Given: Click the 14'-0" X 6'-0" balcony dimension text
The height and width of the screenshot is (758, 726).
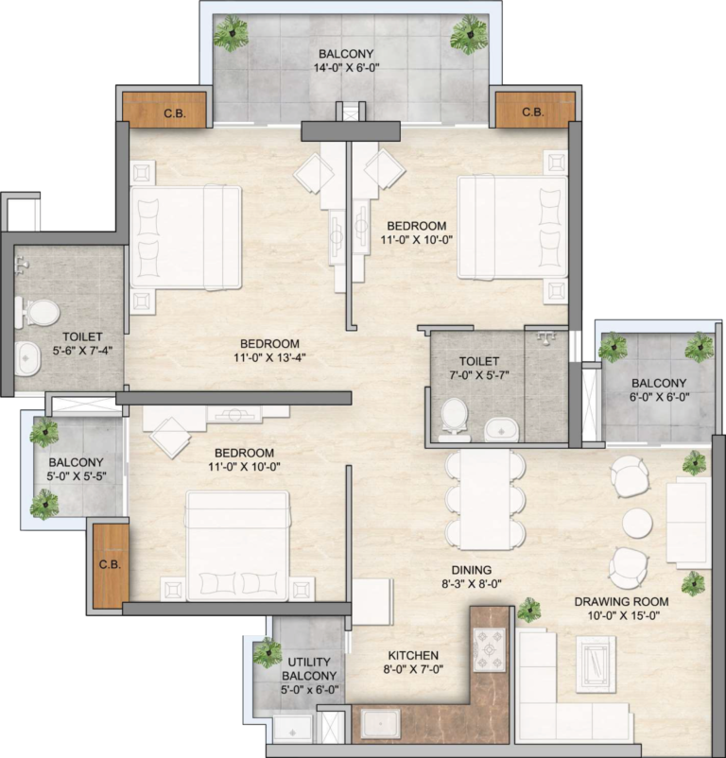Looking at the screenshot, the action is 346,68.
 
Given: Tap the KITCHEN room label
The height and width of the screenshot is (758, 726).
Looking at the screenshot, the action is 413,656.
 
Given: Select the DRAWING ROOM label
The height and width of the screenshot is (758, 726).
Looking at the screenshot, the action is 621,602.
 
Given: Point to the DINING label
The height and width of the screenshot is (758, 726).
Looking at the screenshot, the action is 472,570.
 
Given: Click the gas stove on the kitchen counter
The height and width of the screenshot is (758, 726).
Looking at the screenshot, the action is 489,649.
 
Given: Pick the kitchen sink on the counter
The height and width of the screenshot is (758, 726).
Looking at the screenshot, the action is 381,724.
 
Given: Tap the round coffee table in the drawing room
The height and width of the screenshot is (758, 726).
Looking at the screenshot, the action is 637,523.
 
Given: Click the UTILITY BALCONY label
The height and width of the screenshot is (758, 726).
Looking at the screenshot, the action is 309,668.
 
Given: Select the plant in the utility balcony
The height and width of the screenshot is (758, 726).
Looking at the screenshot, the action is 268,652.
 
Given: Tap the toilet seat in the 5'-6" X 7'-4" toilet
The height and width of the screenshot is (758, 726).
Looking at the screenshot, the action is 38,312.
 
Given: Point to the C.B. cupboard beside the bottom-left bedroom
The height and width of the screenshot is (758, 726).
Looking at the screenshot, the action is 111,565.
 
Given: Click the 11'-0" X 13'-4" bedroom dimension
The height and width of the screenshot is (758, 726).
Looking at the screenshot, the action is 269,357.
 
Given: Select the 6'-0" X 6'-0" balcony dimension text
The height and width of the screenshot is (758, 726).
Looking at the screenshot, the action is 658,397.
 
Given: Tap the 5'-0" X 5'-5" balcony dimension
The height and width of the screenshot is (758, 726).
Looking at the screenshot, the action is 77,476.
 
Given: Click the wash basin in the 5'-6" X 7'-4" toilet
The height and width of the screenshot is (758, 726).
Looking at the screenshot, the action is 27,358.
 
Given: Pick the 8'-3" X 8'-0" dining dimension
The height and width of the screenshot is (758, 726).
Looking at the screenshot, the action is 472,584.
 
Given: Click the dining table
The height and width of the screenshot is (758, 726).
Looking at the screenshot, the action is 485,499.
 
